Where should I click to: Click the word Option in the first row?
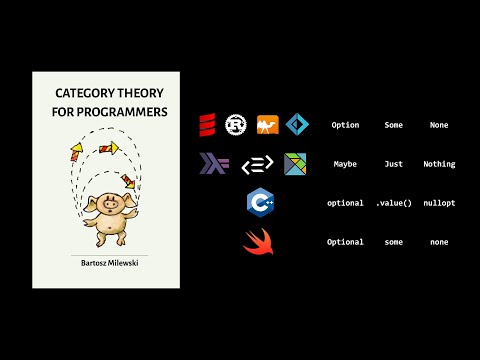(345, 125)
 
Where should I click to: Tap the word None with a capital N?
(438, 125)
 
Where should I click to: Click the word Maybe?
(345, 164)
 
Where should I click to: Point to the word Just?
(394, 164)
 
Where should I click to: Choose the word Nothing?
(438, 164)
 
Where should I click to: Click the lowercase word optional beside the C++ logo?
(345, 203)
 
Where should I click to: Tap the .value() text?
(394, 203)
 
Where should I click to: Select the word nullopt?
(438, 203)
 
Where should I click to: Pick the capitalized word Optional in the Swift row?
(345, 242)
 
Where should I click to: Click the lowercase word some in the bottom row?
(394, 242)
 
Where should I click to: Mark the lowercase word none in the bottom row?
(438, 242)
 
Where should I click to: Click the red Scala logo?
(208, 125)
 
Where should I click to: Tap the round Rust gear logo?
(237, 125)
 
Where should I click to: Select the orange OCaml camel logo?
(267, 125)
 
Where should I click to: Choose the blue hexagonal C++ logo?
(259, 203)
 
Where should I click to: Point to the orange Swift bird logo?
(257, 242)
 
